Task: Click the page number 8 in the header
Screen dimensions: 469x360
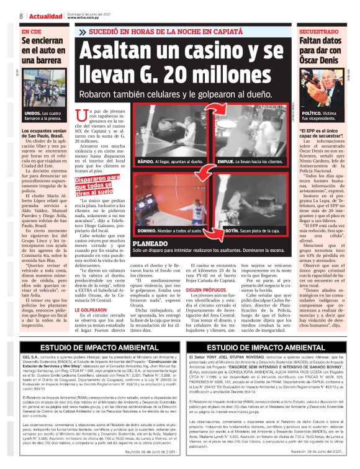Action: [20, 16]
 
